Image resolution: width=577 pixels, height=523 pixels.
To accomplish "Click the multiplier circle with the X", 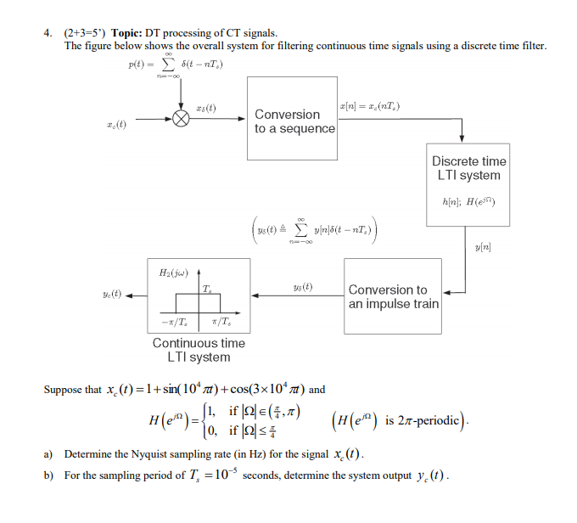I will point(180,119).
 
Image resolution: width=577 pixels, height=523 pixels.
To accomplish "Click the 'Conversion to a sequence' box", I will point(291,119).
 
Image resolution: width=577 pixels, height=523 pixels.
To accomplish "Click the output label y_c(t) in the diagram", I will point(111,295).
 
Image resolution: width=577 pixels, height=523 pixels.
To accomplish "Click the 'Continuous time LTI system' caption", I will point(199,350).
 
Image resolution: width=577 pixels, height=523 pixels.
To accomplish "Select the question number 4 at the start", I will point(48,32).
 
